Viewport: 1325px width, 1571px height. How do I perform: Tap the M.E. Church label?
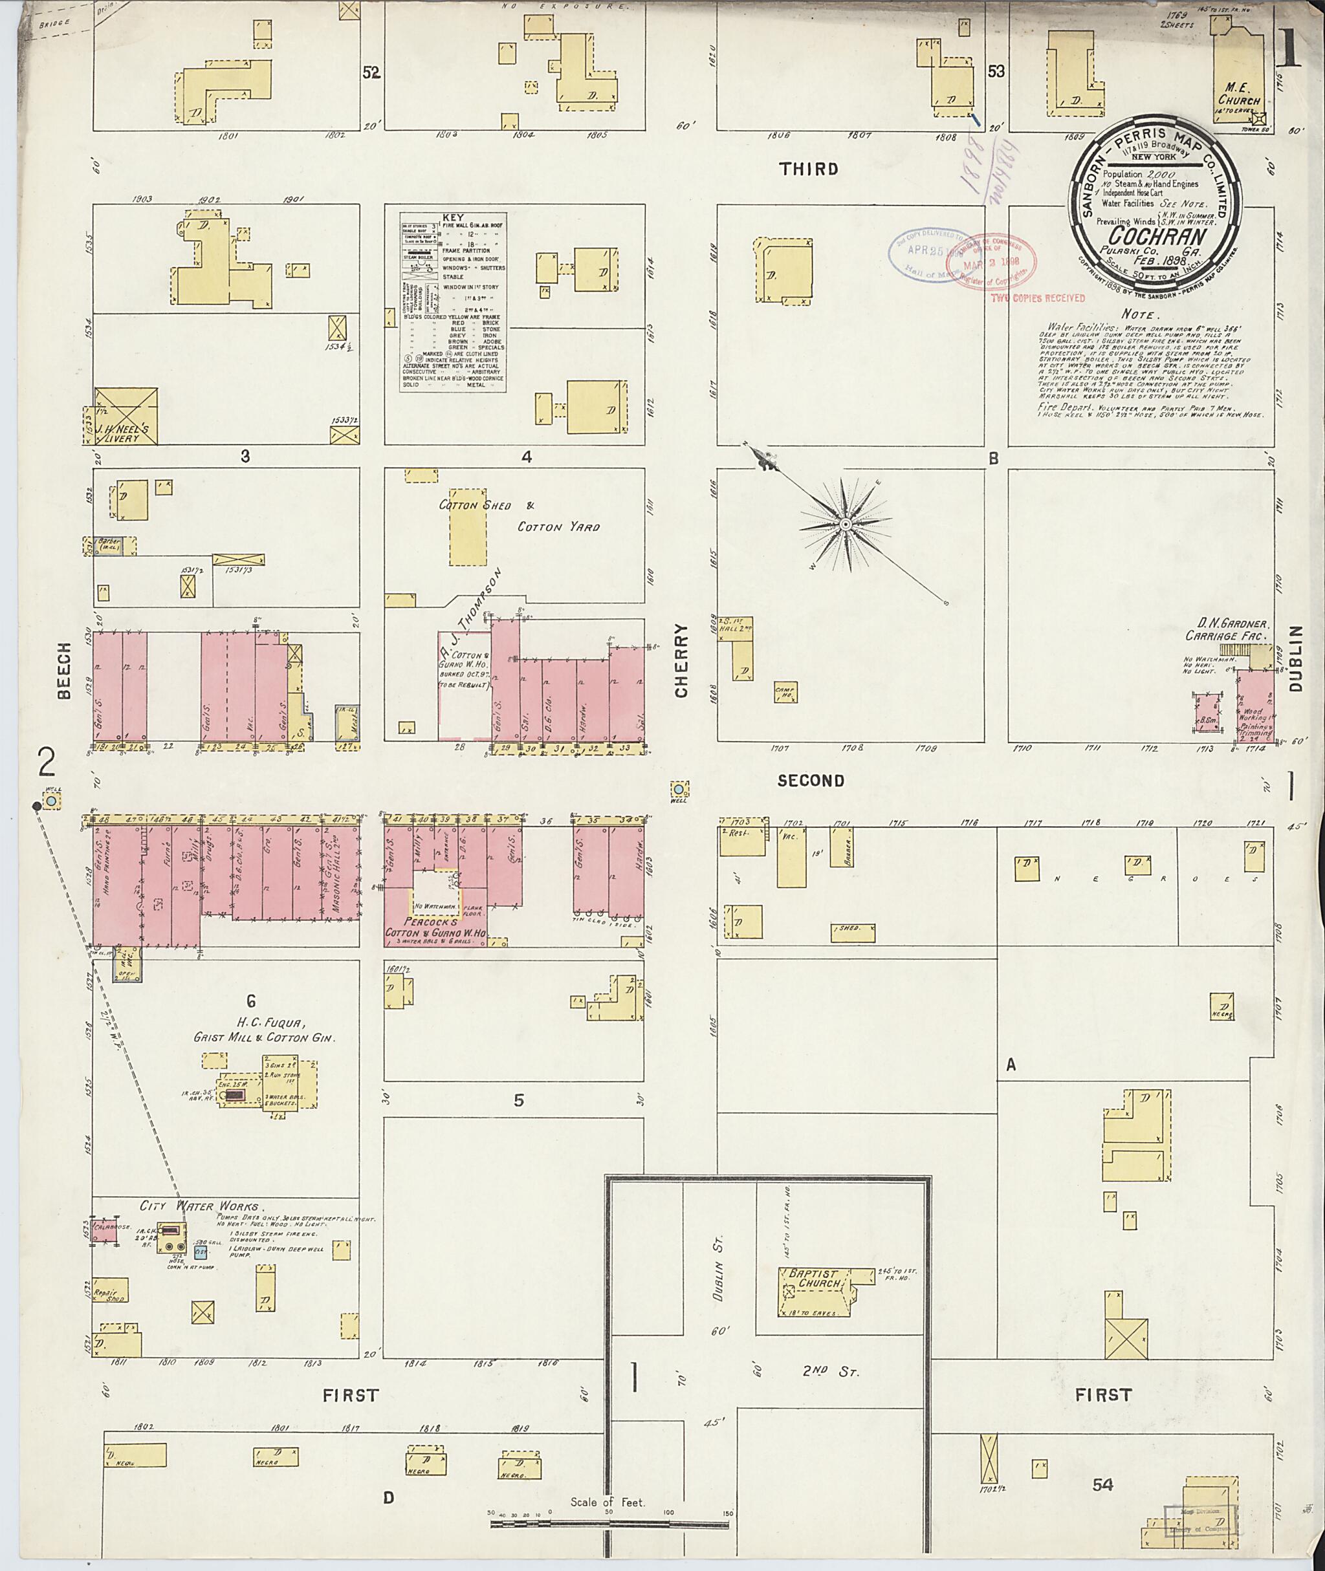click(x=1238, y=94)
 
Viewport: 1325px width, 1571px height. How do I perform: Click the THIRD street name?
click(x=808, y=169)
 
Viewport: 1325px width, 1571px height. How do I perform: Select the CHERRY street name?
click(x=681, y=661)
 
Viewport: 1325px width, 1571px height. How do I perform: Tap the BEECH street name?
click(x=65, y=671)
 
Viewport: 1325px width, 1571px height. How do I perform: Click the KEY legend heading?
click(x=453, y=217)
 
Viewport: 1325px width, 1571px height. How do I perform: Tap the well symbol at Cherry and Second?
click(x=680, y=789)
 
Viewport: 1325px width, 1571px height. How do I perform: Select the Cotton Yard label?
click(x=558, y=527)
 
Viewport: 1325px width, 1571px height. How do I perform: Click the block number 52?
click(x=371, y=73)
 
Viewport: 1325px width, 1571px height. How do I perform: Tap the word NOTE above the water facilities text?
click(x=1140, y=314)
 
